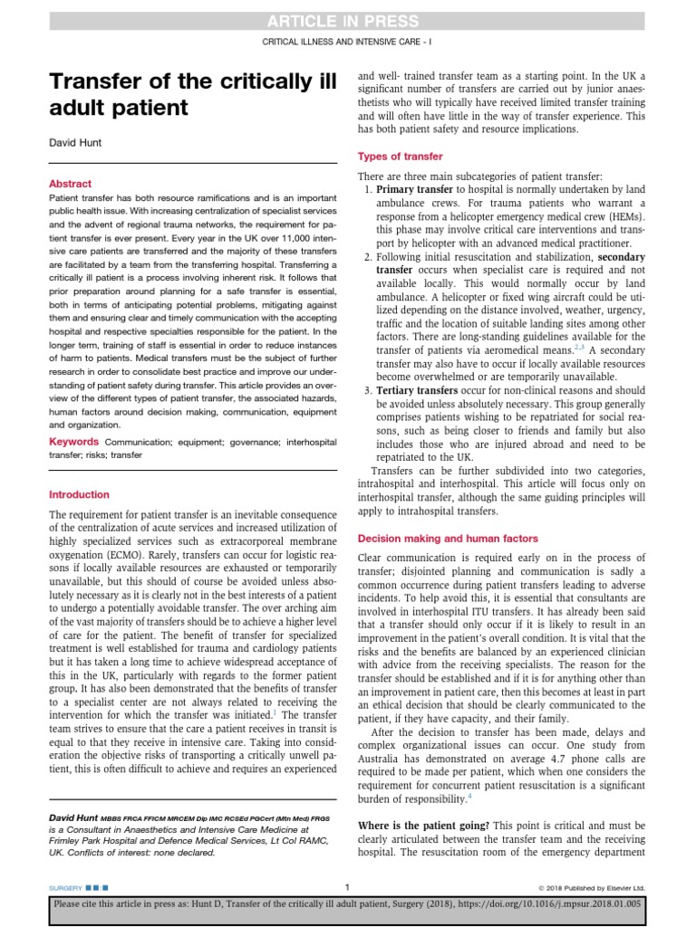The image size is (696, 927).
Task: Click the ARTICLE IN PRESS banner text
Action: click(348, 22)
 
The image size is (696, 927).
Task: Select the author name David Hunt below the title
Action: click(75, 142)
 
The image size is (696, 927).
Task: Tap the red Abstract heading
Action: click(70, 183)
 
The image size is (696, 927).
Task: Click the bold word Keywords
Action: click(73, 442)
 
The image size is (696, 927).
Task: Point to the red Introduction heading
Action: click(79, 495)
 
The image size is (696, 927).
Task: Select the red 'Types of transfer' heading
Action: click(401, 156)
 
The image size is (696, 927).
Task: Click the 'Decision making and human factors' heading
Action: click(448, 538)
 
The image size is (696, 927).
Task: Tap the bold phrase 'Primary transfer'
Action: click(414, 189)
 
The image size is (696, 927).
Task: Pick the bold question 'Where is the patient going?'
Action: click(424, 826)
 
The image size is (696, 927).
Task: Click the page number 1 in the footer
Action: click(348, 886)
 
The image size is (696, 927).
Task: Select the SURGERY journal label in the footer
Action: click(64, 887)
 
